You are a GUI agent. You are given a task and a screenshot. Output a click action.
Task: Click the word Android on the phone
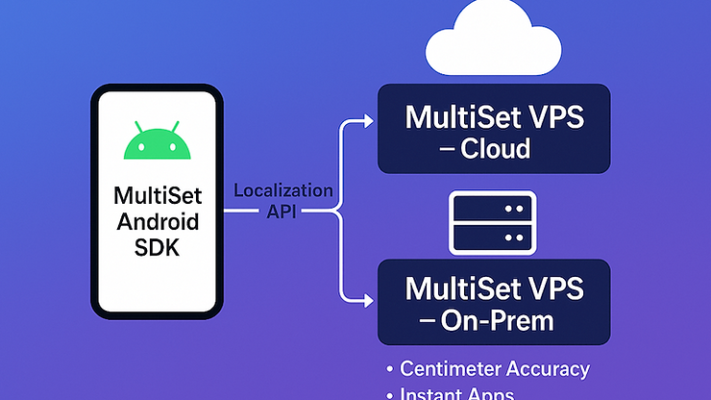(157, 222)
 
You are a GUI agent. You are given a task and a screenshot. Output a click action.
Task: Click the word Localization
(283, 190)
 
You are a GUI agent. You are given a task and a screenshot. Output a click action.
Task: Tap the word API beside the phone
(282, 210)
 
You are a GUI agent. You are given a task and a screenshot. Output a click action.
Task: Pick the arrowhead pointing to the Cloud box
(366, 121)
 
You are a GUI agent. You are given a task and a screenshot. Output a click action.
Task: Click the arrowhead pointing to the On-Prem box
(366, 299)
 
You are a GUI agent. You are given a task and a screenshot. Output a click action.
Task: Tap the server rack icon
(493, 222)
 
